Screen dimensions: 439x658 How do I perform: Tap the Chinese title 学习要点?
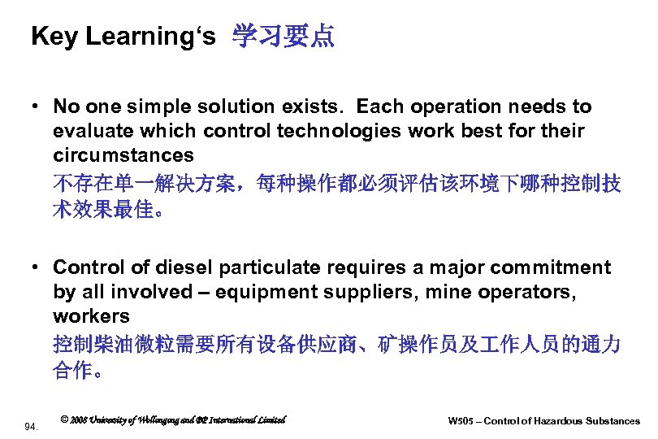coord(283,37)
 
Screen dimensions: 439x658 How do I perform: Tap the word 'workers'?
coord(91,315)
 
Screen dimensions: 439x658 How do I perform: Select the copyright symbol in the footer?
coord(65,420)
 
